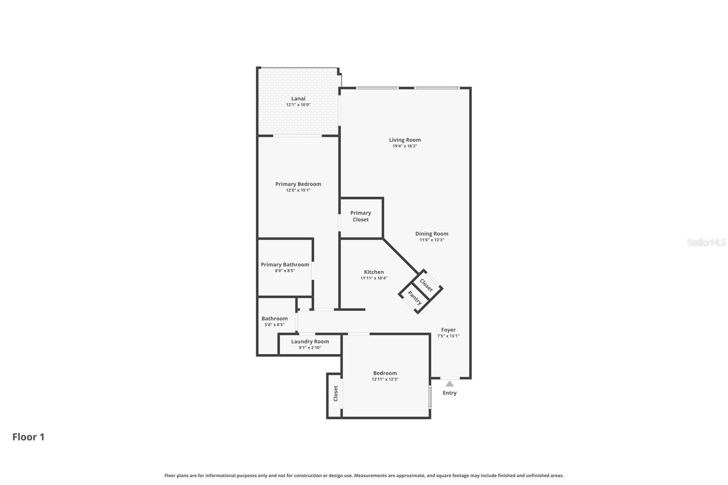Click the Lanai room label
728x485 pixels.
[298, 99]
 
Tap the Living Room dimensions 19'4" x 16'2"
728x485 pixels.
[404, 146]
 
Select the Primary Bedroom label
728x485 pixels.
[298, 184]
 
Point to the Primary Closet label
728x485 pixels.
[360, 216]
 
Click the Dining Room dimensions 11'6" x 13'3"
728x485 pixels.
[431, 240]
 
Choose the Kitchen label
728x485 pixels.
[374, 272]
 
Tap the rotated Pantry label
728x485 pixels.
[415, 298]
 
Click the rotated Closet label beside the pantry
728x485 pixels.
[426, 285]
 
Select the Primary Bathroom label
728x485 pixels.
[285, 264]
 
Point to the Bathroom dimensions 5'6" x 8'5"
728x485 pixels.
[274, 325]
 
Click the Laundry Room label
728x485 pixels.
[310, 341]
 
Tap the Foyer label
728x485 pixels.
[448, 330]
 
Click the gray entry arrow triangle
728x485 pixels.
[450, 384]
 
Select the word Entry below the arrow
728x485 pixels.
[450, 393]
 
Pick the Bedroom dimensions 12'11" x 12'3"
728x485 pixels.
[385, 379]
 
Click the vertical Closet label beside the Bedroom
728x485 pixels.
[336, 394]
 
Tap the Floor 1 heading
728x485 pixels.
[28, 437]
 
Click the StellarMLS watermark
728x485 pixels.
[706, 242]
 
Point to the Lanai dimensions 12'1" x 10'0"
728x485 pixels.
[298, 105]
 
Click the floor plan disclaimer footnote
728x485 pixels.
[364, 475]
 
